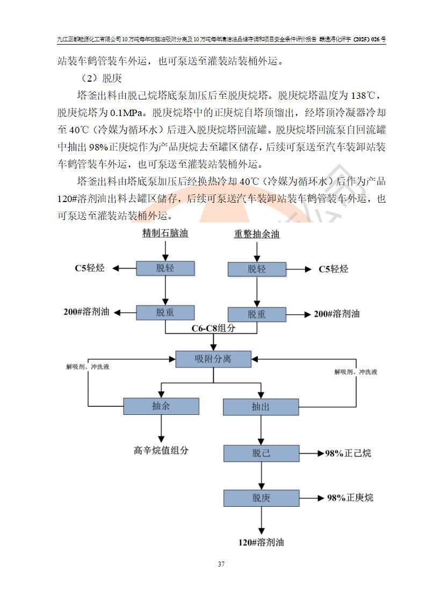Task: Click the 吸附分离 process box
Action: click(213, 358)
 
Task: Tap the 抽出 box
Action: click(261, 407)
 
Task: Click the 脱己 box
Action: click(261, 453)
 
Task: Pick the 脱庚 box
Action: click(261, 498)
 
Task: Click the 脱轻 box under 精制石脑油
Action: click(165, 268)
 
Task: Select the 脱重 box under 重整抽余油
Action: click(256, 314)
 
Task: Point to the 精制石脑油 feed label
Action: click(165, 233)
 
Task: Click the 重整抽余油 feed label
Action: click(257, 234)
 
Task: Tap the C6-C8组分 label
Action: click(214, 328)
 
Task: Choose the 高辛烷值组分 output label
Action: click(161, 450)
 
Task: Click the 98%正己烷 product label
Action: click(348, 454)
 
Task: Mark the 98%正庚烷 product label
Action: click(350, 498)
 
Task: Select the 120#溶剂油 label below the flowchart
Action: click(261, 542)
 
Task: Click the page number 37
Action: click(221, 564)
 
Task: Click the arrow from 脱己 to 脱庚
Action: click(261, 475)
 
